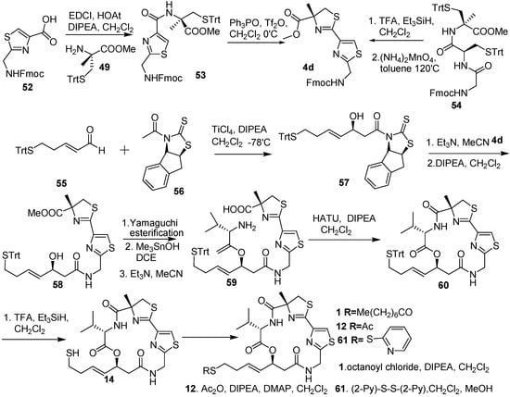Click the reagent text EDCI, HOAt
[103, 10]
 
